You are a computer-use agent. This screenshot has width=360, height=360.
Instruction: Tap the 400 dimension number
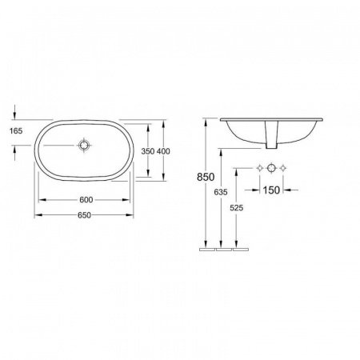(163, 150)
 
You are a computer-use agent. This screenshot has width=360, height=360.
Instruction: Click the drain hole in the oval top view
(85, 146)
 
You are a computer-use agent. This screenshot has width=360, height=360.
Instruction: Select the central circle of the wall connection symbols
(272, 169)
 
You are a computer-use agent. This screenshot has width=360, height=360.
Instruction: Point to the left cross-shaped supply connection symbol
(258, 169)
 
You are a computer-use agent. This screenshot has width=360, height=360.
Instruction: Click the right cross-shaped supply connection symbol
(286, 169)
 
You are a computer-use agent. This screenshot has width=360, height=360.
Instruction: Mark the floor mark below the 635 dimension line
(222, 249)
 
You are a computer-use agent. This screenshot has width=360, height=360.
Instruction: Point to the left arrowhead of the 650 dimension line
(34, 215)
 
